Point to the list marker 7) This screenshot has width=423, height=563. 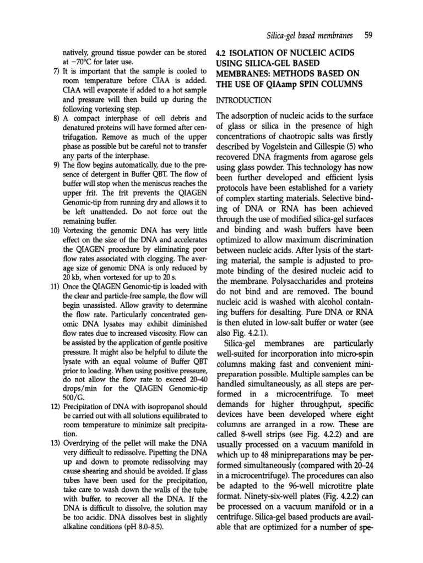56,73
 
